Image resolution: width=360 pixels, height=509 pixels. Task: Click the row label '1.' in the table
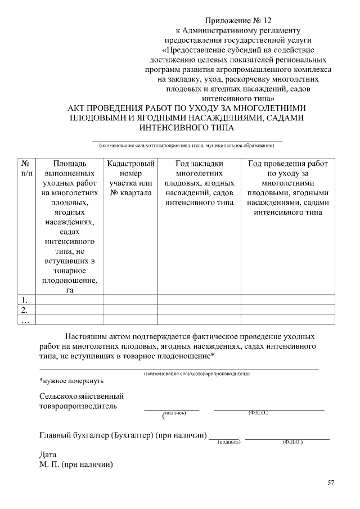pos(24,300)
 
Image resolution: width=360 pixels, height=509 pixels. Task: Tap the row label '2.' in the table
pos(24,310)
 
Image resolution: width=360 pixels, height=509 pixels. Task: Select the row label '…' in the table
pos(25,320)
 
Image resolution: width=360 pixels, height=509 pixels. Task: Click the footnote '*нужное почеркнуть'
pos(71,381)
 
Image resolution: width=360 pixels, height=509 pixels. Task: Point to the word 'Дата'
pos(48,454)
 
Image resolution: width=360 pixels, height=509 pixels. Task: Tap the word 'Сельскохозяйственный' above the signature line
pos(82,396)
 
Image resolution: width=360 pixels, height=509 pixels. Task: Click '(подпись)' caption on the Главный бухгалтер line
pos(229,443)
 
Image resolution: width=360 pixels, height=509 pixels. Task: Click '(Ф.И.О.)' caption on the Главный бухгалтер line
pos(292,443)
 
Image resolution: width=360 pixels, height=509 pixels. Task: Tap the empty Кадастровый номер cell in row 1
pos(130,300)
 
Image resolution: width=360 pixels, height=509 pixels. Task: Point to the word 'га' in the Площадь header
pos(70,290)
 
